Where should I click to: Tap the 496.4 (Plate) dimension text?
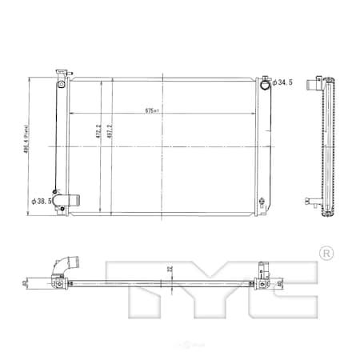pyautogui.click(x=30, y=146)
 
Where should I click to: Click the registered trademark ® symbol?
pyautogui.click(x=326, y=253)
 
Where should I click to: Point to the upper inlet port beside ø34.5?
pyautogui.click(x=264, y=82)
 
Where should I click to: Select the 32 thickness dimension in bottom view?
pyautogui.click(x=169, y=271)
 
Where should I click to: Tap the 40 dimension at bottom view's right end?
pyautogui.click(x=280, y=282)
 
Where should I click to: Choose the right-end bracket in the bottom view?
pyautogui.click(x=262, y=280)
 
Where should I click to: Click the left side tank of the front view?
pyautogui.click(x=61, y=144)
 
